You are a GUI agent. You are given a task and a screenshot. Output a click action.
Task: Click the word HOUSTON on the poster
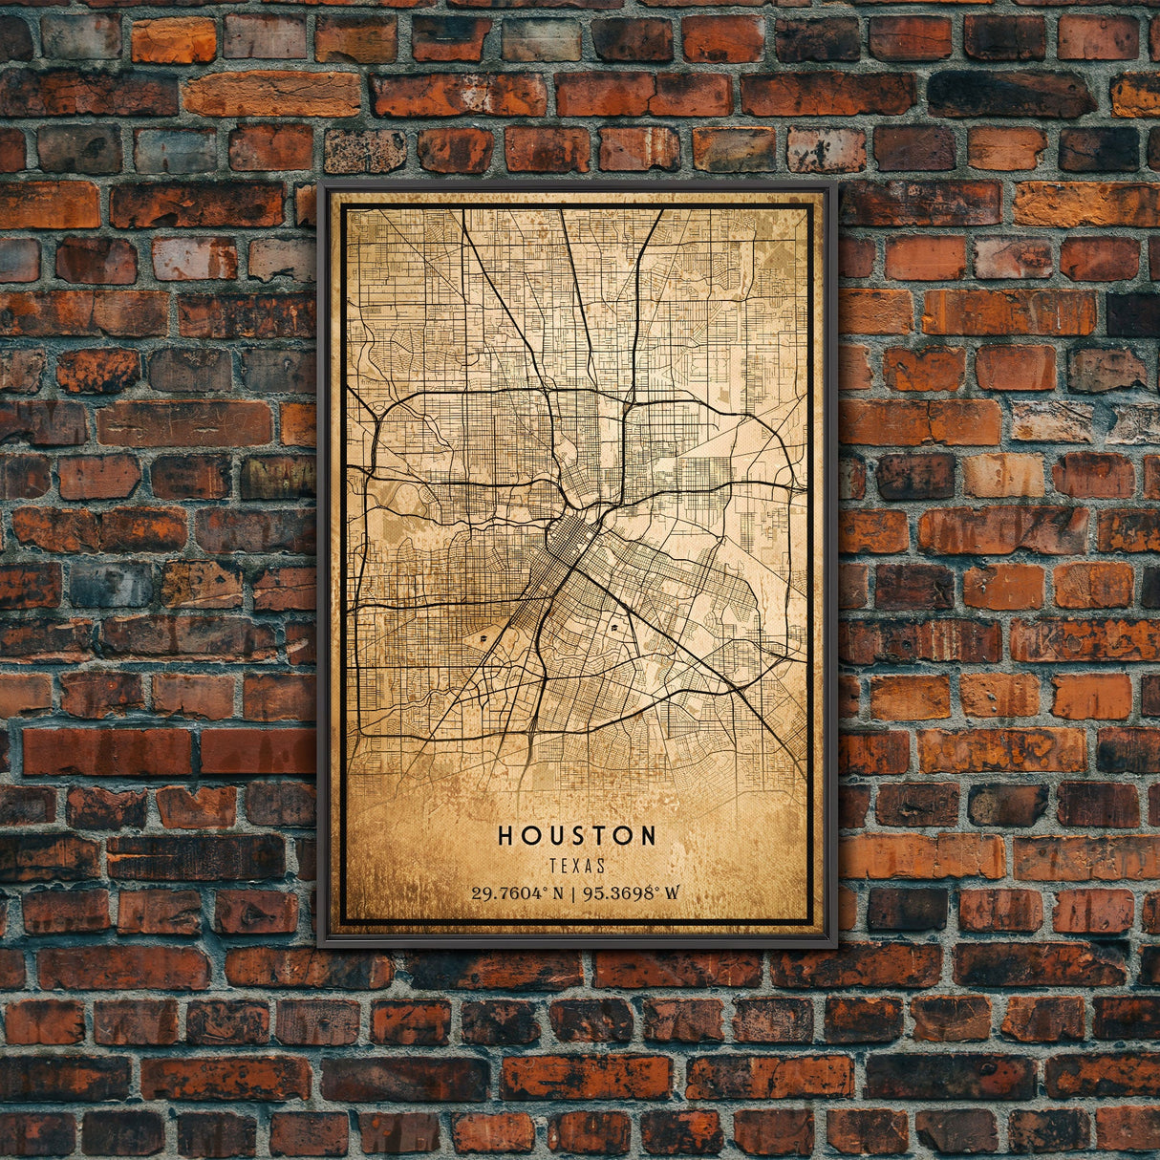tap(577, 835)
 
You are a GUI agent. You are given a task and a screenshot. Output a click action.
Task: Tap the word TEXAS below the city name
tap(577, 866)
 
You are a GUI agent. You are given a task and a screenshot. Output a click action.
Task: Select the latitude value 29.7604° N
tap(516, 893)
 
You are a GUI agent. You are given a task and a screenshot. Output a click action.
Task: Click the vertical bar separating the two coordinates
tap(571, 893)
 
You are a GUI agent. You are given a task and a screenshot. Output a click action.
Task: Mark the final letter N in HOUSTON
tap(649, 835)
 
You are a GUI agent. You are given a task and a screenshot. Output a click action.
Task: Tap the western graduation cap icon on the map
tap(483, 636)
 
